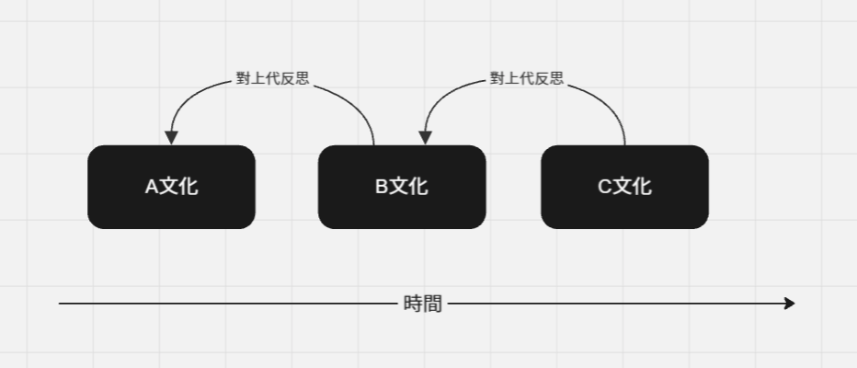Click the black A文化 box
click(171, 187)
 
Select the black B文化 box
click(402, 187)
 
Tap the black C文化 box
click(624, 187)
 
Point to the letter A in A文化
click(152, 187)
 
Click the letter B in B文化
click(382, 187)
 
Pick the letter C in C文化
click(605, 187)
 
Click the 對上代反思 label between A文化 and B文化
click(272, 79)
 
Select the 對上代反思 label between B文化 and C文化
click(527, 79)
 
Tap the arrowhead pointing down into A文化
click(171, 138)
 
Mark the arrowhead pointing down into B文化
click(425, 138)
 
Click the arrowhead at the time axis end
click(789, 303)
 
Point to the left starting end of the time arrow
click(61, 303)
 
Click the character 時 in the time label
click(413, 304)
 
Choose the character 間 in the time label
click(432, 304)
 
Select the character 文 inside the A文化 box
click(169, 187)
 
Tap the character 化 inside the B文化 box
click(417, 187)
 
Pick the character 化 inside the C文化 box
click(642, 187)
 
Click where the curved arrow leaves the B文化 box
click(374, 144)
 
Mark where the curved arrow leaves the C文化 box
click(625, 144)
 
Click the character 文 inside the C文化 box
click(623, 187)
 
